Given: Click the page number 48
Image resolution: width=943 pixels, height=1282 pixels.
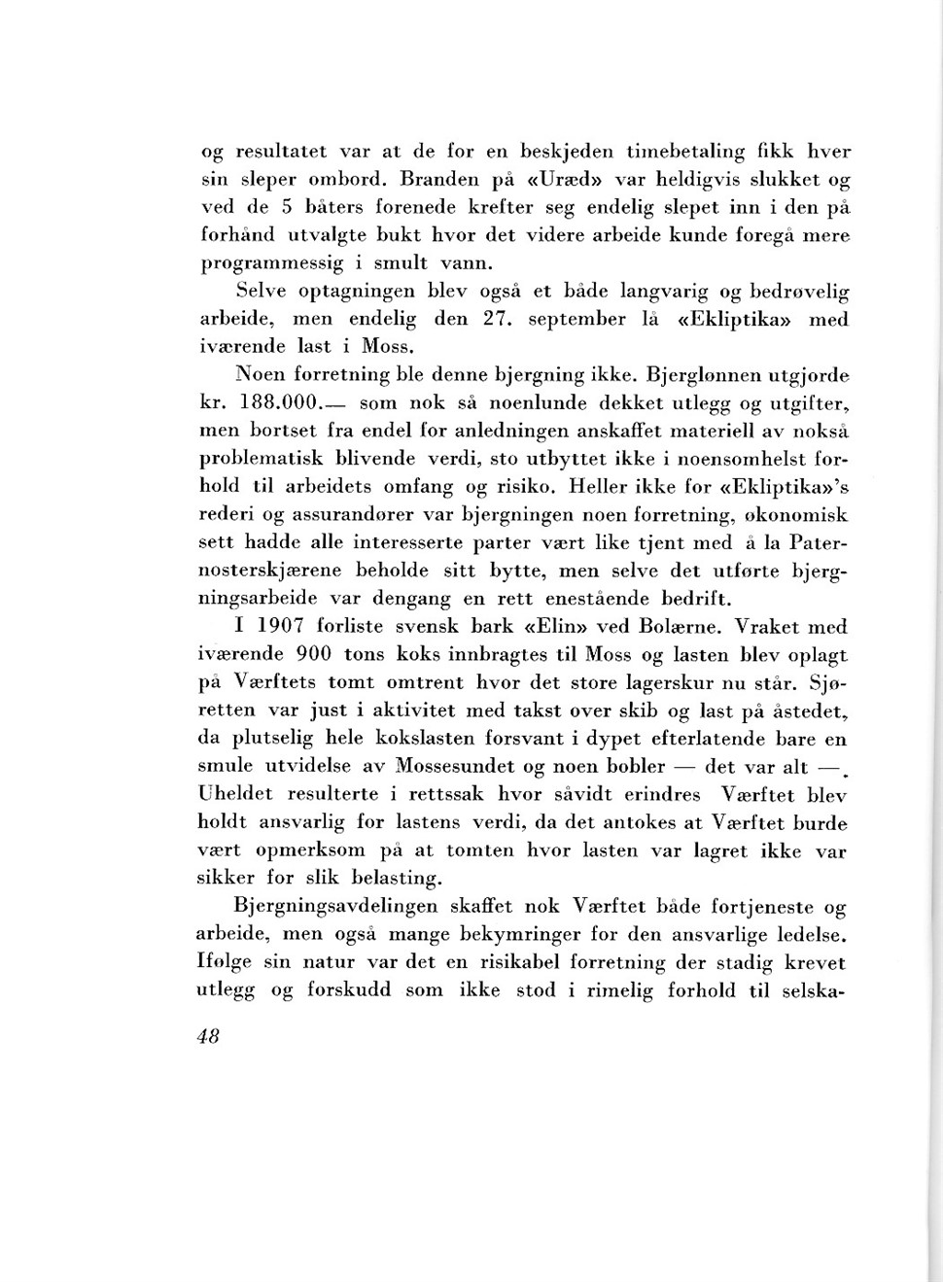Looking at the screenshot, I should pos(208,1036).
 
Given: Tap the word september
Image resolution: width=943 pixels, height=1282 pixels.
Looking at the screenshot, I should pos(576,319).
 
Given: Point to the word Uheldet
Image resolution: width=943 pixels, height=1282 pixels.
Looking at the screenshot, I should pos(234,794).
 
